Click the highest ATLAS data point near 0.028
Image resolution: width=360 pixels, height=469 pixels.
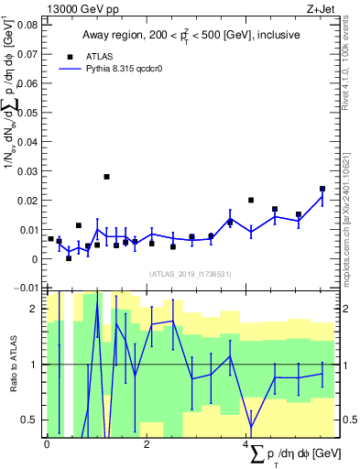(106, 177)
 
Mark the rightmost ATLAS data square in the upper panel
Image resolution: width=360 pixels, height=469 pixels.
(322, 189)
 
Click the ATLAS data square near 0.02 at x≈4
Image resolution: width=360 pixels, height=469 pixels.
(251, 200)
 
